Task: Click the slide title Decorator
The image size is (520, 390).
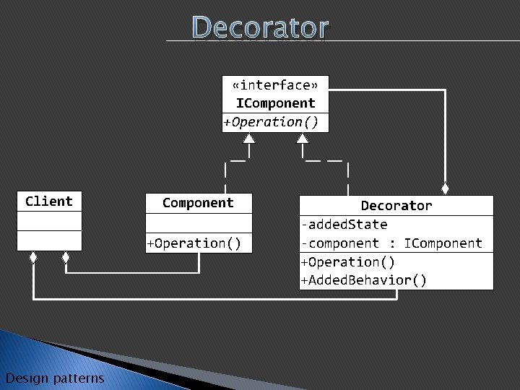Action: pyautogui.click(x=260, y=27)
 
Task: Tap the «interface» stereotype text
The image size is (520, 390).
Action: pyautogui.click(x=275, y=86)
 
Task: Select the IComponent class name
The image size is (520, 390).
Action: pyautogui.click(x=275, y=103)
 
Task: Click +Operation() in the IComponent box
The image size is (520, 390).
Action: pyautogui.click(x=271, y=122)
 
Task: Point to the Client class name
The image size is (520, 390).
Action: pyautogui.click(x=49, y=201)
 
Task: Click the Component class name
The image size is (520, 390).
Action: pyautogui.click(x=198, y=203)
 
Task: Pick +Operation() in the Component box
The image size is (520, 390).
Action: pyautogui.click(x=194, y=243)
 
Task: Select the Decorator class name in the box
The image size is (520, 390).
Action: pyautogui.click(x=396, y=206)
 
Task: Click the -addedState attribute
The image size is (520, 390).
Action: pyautogui.click(x=344, y=225)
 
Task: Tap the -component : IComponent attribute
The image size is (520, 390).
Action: pyautogui.click(x=391, y=243)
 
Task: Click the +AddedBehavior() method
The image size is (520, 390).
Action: pyautogui.click(x=363, y=280)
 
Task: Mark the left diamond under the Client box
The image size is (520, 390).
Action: pyautogui.click(x=33, y=256)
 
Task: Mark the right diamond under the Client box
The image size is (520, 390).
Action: pyautogui.click(x=65, y=256)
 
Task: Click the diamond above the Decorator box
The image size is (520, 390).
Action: pyautogui.click(x=446, y=189)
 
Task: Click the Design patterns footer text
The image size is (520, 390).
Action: pyautogui.click(x=54, y=378)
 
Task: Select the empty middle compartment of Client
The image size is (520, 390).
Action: pyautogui.click(x=49, y=221)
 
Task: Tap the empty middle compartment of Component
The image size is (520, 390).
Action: pyautogui.click(x=198, y=223)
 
